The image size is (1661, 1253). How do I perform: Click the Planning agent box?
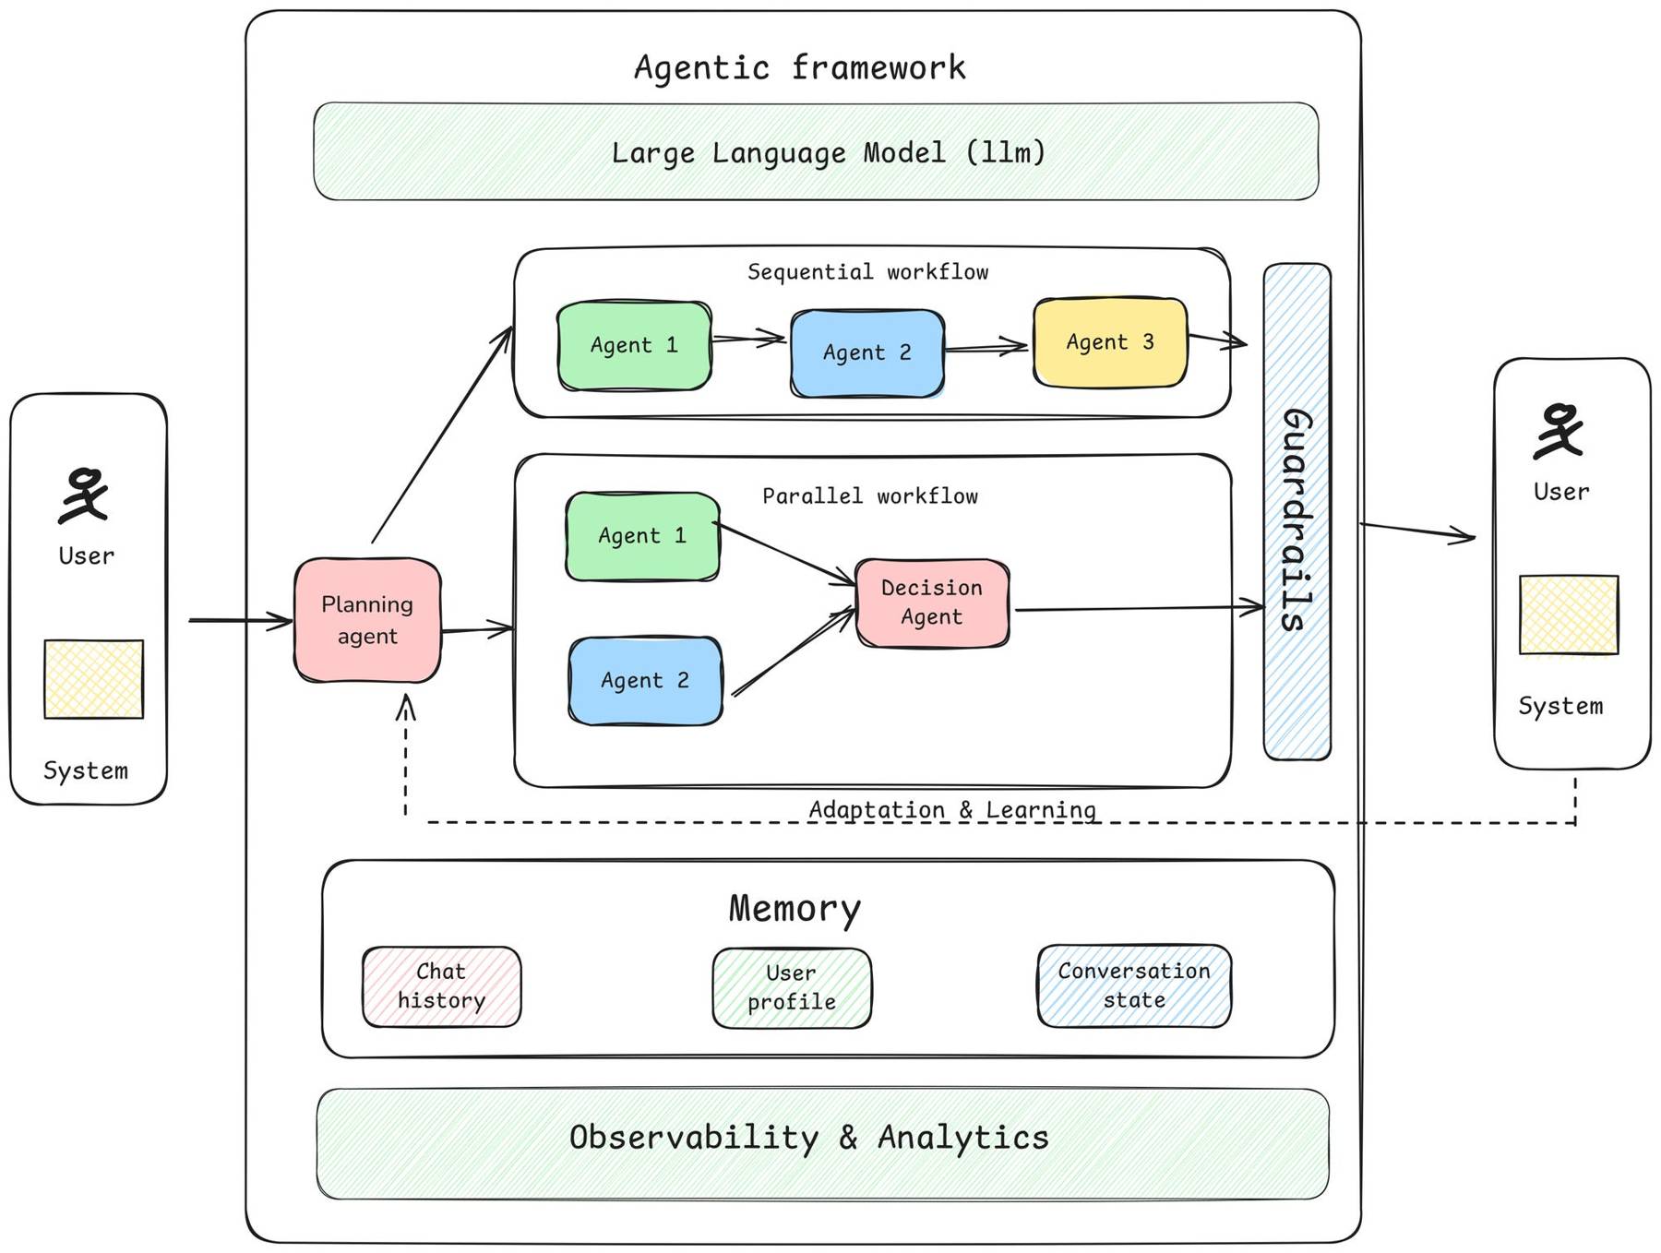[x=367, y=620]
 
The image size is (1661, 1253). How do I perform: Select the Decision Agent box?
[x=932, y=603]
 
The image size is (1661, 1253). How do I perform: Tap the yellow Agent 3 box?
[x=1110, y=342]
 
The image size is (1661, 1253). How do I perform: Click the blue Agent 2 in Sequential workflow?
[x=867, y=352]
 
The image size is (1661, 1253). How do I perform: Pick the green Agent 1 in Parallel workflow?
[x=642, y=536]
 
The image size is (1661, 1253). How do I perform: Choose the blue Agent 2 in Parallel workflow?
[x=645, y=681]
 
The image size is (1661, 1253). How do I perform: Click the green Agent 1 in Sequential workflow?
[x=634, y=345]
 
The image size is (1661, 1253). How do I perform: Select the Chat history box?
[x=441, y=986]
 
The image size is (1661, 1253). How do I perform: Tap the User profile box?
[x=792, y=988]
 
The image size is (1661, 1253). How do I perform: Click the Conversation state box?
[x=1134, y=985]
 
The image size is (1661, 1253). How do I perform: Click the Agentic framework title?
[x=799, y=67]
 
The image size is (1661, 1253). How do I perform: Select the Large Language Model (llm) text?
[x=828, y=152]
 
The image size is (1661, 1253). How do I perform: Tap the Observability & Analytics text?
[x=808, y=1138]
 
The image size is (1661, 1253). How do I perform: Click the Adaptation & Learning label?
[x=952, y=809]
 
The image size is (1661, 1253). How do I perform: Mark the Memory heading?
[x=795, y=908]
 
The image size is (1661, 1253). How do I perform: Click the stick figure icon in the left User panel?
[x=85, y=495]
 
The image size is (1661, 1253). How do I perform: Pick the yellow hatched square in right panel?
[x=1569, y=615]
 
